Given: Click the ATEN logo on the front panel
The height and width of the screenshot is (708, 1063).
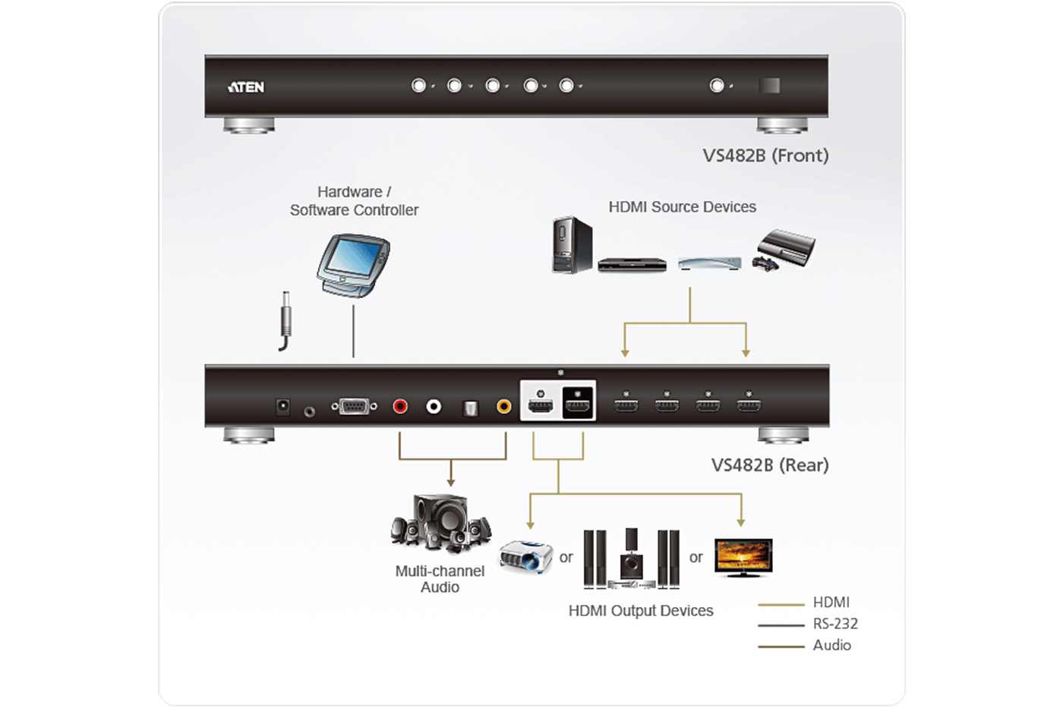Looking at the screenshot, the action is [246, 87].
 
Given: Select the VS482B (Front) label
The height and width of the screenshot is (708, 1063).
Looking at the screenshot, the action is [765, 156].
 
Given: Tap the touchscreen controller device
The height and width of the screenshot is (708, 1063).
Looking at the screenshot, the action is [353, 265].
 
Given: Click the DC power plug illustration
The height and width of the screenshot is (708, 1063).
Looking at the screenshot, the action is [285, 321].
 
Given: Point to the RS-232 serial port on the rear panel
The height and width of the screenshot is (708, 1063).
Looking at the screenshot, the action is [354, 407].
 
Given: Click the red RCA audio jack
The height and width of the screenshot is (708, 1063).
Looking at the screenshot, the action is [400, 407].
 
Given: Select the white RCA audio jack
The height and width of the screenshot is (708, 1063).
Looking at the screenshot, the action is [434, 407].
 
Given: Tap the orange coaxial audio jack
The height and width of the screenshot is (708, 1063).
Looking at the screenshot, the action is [504, 407].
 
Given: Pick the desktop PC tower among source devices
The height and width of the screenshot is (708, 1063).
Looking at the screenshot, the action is [573, 244].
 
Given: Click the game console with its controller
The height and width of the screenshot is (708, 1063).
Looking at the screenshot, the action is [784, 250].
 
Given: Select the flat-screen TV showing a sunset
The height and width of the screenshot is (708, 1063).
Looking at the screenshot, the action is [743, 558].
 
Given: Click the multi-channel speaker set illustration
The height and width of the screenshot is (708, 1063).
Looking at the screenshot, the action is [441, 523].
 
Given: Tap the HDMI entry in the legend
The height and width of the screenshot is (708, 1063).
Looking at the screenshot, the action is [831, 603].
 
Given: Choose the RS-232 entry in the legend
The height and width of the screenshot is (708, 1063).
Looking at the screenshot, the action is [835, 624].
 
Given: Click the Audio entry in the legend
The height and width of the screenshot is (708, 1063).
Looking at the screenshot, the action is [832, 645].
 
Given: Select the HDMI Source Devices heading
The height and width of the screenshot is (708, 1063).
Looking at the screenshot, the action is [682, 206].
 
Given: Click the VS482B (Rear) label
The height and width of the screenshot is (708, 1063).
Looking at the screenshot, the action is [770, 465].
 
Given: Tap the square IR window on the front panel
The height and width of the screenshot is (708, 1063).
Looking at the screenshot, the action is [769, 86].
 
